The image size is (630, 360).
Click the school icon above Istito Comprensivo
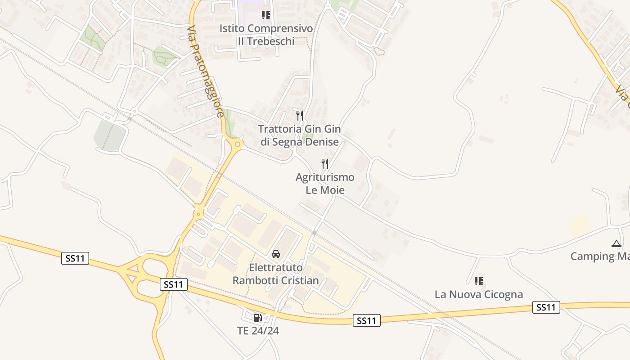point(266,15)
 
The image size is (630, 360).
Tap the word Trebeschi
point(266,41)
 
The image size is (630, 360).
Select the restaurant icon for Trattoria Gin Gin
point(300,115)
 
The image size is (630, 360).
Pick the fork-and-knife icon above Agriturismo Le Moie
point(325,164)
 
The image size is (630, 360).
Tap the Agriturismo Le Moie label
point(325,184)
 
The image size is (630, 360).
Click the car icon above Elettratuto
point(276,254)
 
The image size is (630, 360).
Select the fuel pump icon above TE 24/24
point(257,318)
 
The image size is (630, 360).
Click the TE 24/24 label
point(258,331)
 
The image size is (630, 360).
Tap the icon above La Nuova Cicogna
point(478,281)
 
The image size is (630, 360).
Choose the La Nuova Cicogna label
point(478,295)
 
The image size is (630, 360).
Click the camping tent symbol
point(616,243)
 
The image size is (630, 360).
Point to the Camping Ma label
point(600,256)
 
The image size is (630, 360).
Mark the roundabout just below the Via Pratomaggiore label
point(237,144)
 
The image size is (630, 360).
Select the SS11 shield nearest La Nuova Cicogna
point(546,308)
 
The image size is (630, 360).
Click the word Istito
point(232,28)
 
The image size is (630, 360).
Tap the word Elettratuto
point(275,268)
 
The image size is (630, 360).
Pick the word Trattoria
point(279,129)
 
